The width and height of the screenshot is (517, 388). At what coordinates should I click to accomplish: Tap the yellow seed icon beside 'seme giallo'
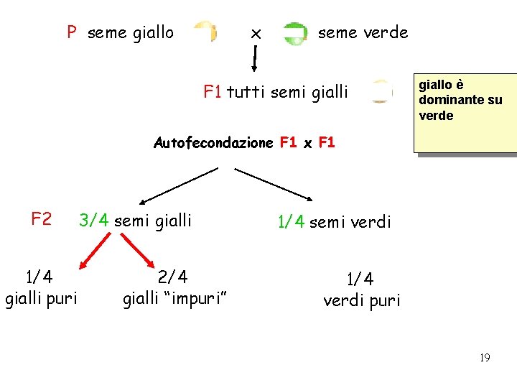(x=206, y=32)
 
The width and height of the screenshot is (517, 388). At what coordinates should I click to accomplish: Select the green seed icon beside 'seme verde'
(x=294, y=34)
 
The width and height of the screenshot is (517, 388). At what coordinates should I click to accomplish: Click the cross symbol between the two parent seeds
(x=255, y=33)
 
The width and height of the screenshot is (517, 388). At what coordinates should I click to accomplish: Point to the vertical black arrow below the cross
(x=254, y=57)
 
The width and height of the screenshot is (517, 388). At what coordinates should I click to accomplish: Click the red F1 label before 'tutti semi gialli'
(x=213, y=91)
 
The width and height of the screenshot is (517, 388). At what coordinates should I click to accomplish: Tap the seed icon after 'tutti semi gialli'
(x=381, y=92)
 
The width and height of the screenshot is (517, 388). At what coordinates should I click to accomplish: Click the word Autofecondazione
(x=213, y=142)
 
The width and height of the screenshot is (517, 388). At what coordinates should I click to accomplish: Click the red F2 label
(x=41, y=218)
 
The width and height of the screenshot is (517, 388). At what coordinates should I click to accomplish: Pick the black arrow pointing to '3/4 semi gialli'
(x=177, y=186)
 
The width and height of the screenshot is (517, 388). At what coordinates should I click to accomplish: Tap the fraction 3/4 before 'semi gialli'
(x=94, y=221)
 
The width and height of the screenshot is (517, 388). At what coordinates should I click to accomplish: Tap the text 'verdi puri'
(x=361, y=300)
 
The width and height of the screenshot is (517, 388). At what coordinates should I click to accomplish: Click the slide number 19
(x=485, y=357)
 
